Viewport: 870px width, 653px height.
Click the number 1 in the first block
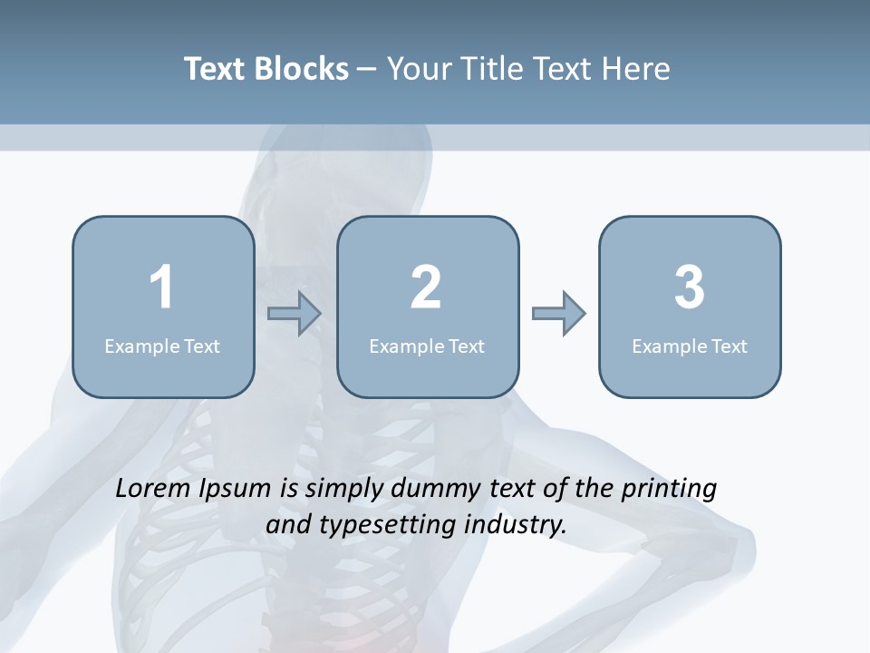161,288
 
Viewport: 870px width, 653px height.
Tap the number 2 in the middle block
426,288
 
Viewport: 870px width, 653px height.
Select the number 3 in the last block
690,288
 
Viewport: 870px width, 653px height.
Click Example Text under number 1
162,346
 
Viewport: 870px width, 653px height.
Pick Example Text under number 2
427,346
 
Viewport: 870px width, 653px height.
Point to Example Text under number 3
690,346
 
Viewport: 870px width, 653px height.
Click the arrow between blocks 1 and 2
295,314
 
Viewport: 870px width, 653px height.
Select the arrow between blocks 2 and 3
558,314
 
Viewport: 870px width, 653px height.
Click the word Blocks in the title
302,69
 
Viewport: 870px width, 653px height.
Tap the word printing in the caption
669,490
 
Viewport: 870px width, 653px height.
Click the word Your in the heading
420,69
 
